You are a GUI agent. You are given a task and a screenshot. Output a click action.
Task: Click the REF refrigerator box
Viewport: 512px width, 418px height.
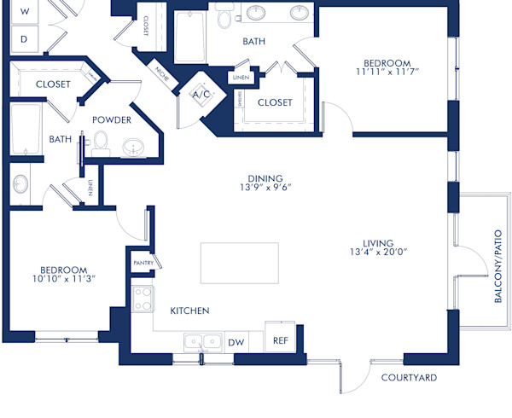281,339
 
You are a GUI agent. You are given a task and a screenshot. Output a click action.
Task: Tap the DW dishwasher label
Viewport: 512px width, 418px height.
236,343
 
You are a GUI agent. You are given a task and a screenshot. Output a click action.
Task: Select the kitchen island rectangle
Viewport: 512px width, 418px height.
239,263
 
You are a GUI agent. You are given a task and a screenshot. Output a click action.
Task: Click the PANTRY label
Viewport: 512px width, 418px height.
143,264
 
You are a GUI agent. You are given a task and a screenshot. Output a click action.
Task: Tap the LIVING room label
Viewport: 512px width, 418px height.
378,241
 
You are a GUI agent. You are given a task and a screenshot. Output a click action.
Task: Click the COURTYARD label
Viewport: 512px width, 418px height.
409,377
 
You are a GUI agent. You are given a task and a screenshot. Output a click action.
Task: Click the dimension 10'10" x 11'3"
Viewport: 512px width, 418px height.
64,278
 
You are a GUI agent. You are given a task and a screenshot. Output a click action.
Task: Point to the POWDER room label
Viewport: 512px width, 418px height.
112,119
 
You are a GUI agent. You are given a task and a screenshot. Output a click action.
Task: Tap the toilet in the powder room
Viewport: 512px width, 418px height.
101,141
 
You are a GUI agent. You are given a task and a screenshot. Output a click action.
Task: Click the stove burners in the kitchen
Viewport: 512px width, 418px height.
143,299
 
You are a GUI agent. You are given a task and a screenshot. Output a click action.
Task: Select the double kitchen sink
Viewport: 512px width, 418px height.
203,342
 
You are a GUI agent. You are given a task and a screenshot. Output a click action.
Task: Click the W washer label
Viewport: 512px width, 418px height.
24,11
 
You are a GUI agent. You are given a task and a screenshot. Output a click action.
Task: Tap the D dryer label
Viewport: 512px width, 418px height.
24,38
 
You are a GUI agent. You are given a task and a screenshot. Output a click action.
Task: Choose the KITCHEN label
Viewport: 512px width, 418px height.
189,311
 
